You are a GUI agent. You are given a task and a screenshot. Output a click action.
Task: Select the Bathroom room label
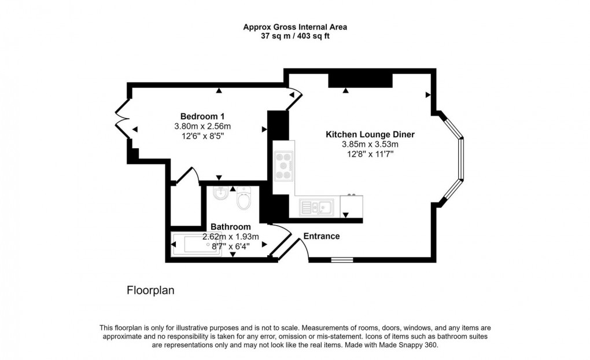[230, 227]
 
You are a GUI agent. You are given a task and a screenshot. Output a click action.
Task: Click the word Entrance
[322, 236]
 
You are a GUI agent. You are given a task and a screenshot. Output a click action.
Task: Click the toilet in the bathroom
[244, 199]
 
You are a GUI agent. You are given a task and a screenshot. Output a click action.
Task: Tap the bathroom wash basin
[220, 194]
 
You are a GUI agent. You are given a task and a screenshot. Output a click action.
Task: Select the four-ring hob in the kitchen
[283, 166]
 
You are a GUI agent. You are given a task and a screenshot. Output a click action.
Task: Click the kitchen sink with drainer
[316, 206]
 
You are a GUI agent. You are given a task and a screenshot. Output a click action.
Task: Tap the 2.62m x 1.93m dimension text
[230, 237]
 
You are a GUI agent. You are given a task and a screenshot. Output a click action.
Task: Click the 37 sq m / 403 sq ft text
[295, 36]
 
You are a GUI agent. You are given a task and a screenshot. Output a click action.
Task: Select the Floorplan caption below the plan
[150, 291]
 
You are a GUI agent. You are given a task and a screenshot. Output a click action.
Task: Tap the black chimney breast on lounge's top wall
[360, 80]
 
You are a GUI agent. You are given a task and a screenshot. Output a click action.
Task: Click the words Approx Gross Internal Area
[295, 27]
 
